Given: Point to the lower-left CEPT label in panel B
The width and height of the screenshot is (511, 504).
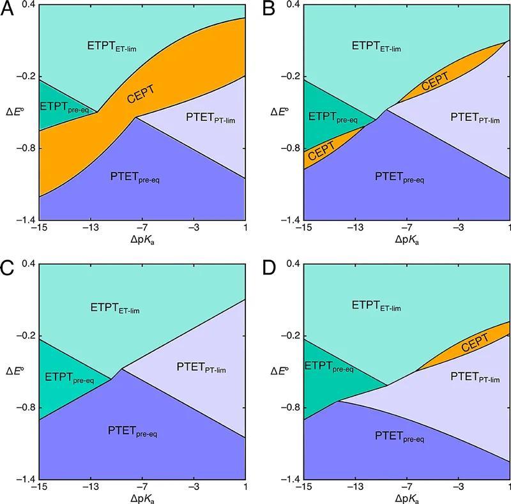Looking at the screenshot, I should point(321,152).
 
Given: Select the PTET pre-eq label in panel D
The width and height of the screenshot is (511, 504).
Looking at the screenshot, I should point(400,438).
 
